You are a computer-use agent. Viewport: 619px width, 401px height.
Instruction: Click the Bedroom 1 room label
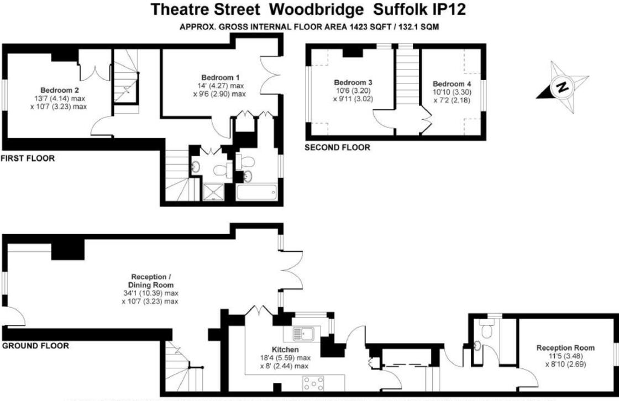[220, 77]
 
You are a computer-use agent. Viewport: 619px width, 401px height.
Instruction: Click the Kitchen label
[285, 350]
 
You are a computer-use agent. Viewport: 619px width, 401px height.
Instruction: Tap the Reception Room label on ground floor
[565, 348]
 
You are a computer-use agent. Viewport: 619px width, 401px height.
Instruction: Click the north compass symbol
[562, 87]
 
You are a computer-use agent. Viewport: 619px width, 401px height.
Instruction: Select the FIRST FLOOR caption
[28, 159]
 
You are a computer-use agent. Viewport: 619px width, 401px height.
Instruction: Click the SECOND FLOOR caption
[338, 147]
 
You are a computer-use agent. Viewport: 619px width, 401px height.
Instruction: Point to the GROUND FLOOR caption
[36, 346]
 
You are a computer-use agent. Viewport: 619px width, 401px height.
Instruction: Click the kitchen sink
[302, 334]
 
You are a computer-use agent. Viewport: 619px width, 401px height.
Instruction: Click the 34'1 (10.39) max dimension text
[151, 293]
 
